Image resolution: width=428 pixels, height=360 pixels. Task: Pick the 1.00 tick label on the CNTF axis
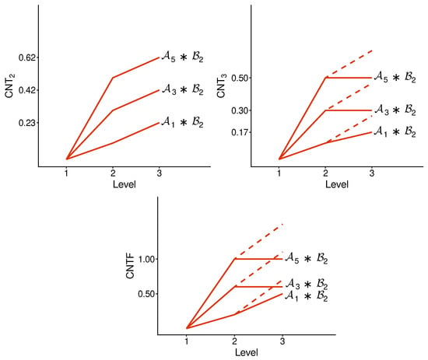tap(147, 259)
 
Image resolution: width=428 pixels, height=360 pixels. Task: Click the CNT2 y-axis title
tap(10, 86)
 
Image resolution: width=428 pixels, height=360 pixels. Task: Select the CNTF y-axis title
tap(130, 266)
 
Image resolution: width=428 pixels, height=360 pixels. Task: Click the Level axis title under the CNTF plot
tap(247, 352)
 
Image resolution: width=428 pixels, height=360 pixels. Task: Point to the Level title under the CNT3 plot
tap(337, 184)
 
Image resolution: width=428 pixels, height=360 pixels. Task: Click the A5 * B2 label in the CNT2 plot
tap(183, 57)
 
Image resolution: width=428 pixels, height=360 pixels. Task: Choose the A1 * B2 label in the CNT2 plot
tap(183, 122)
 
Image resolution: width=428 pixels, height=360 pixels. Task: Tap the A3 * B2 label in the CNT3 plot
tap(395, 110)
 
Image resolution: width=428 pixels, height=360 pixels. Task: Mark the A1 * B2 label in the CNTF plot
tap(307, 296)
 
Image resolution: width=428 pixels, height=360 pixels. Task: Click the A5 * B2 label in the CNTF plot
tap(307, 258)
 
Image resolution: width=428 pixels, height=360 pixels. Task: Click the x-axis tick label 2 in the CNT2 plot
tap(113, 173)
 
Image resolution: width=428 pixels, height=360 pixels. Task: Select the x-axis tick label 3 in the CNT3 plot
tap(372, 173)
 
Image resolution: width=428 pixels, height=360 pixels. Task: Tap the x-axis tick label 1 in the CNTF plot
tap(187, 341)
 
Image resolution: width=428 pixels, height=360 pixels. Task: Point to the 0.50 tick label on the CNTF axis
tap(147, 294)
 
